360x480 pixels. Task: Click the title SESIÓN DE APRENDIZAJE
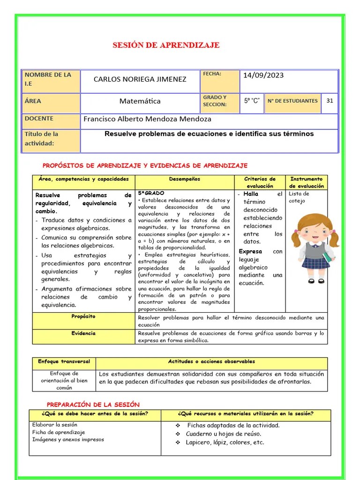pyautogui.click(x=166, y=45)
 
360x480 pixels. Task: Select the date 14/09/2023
pyautogui.click(x=263, y=75)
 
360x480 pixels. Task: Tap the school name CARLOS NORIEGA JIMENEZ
pyautogui.click(x=140, y=79)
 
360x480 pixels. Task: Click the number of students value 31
pyautogui.click(x=330, y=100)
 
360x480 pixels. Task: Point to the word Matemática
pyautogui.click(x=140, y=101)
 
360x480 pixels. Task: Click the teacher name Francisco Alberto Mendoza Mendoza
pyautogui.click(x=147, y=119)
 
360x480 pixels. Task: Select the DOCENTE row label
pyautogui.click(x=39, y=119)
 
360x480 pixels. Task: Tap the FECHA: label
pyautogui.click(x=212, y=74)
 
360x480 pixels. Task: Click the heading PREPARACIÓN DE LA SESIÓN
pyautogui.click(x=93, y=405)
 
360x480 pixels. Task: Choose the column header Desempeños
pyautogui.click(x=184, y=179)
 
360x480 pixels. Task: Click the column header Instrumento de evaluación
pyautogui.click(x=307, y=182)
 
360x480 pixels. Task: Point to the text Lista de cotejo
pyautogui.click(x=299, y=197)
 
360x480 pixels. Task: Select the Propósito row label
pyautogui.click(x=83, y=316)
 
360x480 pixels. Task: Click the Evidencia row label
pyautogui.click(x=83, y=333)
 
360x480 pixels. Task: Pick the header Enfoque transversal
pyautogui.click(x=61, y=362)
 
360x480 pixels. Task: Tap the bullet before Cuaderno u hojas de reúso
pyautogui.click(x=178, y=434)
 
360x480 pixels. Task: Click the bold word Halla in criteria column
pyautogui.click(x=251, y=194)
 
